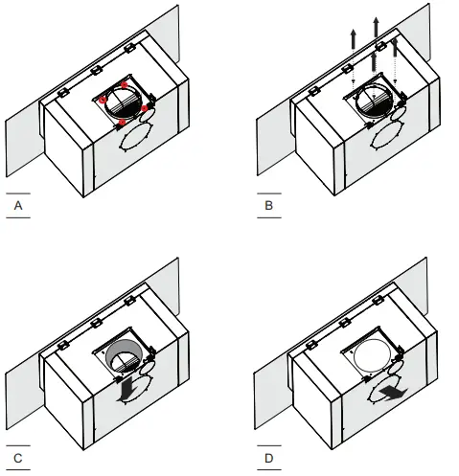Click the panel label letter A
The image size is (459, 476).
tap(17, 206)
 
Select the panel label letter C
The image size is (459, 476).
tap(17, 459)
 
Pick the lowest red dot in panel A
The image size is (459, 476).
tap(120, 123)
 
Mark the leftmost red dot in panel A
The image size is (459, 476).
tap(102, 98)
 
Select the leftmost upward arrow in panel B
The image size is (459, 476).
tap(354, 39)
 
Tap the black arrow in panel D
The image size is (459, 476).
tap(391, 396)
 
